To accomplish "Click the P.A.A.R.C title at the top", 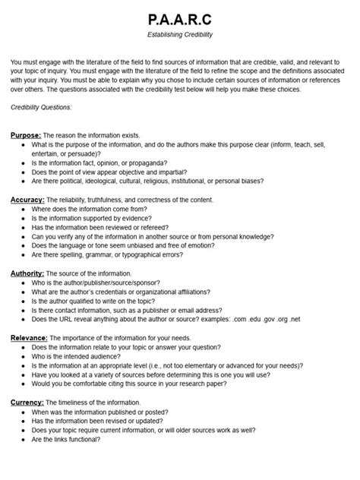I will [180, 17].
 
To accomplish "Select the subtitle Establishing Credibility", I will [180, 34].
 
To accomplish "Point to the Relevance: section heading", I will [31, 337].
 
